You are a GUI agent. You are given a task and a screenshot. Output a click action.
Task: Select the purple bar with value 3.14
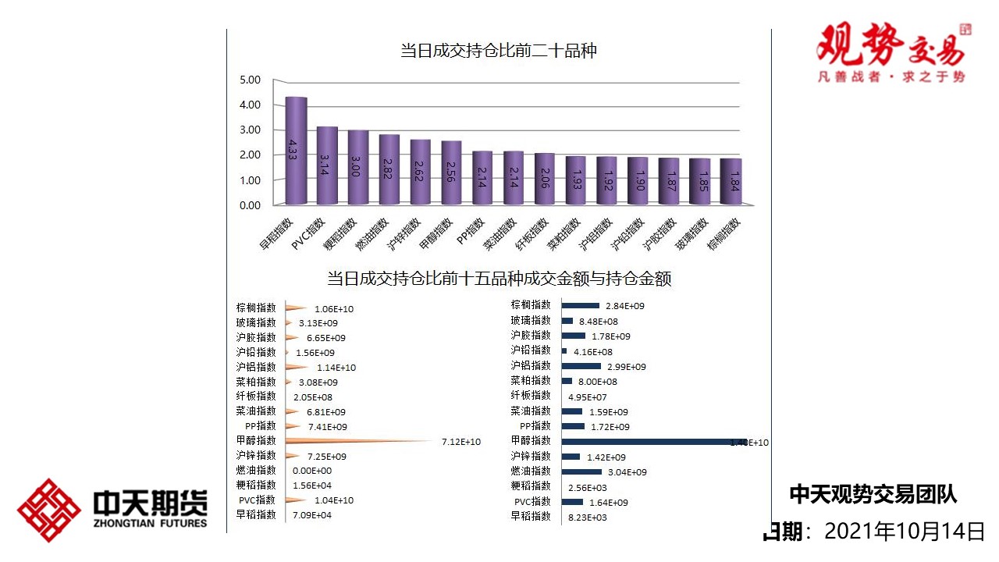tap(326, 165)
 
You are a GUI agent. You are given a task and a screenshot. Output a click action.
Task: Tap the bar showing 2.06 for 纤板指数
tap(545, 179)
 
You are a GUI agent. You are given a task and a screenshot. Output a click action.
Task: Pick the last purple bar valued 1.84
tap(731, 182)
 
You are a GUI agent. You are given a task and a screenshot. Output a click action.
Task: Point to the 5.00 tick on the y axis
tap(250, 80)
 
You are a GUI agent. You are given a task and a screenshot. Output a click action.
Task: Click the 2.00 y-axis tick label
tap(250, 155)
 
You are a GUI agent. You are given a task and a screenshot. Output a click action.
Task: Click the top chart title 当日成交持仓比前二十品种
tap(498, 52)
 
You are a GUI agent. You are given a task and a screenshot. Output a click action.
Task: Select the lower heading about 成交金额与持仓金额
tap(499, 279)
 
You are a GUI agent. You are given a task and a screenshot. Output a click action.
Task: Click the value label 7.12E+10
tap(460, 442)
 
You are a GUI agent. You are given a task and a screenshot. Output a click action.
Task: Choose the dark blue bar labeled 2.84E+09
tap(580, 305)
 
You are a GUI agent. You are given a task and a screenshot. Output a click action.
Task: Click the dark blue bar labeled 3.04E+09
tap(581, 471)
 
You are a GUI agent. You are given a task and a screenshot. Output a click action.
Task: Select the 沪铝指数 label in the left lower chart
tap(256, 367)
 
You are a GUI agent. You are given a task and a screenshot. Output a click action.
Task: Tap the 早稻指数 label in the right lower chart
tap(531, 516)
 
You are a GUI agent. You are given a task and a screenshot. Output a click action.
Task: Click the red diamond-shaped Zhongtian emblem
tap(48, 510)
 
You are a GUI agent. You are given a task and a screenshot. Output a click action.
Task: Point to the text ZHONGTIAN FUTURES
tap(150, 523)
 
